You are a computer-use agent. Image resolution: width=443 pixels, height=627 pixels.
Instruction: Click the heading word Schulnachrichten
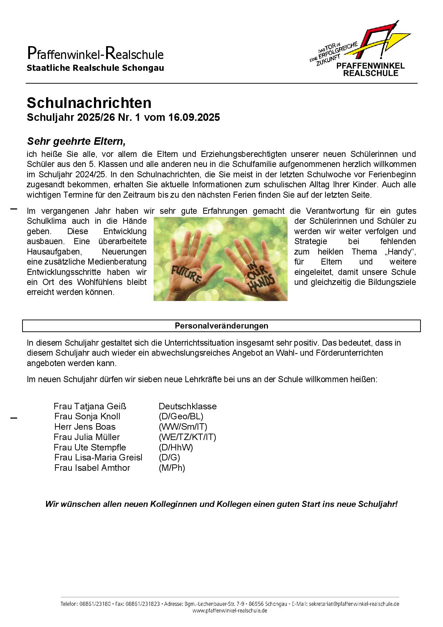coord(89,103)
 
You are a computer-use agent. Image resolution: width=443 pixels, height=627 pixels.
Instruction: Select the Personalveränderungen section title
coord(221,326)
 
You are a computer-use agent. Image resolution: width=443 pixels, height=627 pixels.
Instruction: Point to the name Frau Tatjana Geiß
coord(90,406)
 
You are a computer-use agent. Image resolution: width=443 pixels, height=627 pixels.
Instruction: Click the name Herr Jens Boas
coord(85,427)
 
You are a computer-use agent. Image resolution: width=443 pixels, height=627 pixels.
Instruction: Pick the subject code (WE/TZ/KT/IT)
coord(187,437)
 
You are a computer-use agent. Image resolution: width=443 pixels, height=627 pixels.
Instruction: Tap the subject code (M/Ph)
coord(172,468)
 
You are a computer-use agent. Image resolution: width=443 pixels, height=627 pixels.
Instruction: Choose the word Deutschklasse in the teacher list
coord(188,406)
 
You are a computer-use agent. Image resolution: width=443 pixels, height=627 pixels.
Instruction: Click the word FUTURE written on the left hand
coord(187,274)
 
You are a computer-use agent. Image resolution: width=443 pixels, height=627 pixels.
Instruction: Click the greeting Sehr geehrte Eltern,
coord(76,142)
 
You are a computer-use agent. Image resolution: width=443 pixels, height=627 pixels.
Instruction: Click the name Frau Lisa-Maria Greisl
coord(98,458)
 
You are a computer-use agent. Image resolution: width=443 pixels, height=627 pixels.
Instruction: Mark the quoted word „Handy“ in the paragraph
coord(400,252)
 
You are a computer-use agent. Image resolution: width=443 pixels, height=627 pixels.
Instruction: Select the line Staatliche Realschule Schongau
coord(95,68)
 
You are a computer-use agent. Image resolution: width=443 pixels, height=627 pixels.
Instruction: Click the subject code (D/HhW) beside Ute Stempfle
coord(176,447)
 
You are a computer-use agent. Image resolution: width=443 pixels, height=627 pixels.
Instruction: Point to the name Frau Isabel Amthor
coord(92,468)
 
